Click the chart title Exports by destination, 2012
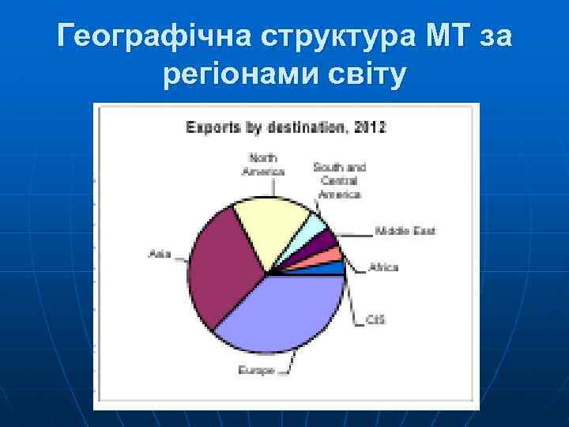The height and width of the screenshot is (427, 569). [x=285, y=127]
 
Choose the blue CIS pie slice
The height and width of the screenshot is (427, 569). [x=332, y=269]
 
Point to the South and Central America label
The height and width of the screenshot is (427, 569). [x=339, y=180]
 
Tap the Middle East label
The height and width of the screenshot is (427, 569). [x=405, y=232]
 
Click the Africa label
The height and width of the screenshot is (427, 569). [x=383, y=267]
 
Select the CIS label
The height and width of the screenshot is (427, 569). [x=375, y=320]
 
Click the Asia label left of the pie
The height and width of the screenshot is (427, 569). [x=160, y=253]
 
